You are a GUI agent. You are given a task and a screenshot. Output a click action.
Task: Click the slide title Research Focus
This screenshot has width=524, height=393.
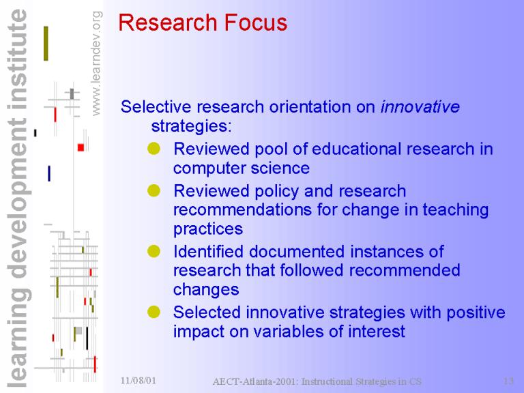(x=203, y=23)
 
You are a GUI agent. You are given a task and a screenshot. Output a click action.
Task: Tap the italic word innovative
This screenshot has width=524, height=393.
(x=420, y=107)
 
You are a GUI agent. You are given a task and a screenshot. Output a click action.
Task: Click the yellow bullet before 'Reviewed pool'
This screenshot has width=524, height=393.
(x=154, y=148)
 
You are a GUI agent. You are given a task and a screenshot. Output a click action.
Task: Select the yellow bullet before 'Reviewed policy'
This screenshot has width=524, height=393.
(x=154, y=190)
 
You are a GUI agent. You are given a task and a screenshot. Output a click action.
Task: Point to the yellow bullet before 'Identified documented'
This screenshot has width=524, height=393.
(x=154, y=251)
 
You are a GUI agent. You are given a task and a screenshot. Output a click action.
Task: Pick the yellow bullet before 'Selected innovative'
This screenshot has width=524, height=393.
(x=154, y=312)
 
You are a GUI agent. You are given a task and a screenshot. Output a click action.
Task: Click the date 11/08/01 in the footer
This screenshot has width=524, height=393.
(x=139, y=380)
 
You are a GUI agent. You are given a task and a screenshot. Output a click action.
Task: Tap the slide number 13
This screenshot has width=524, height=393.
(x=508, y=381)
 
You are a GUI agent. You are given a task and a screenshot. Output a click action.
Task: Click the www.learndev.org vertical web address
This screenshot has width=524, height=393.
(x=96, y=63)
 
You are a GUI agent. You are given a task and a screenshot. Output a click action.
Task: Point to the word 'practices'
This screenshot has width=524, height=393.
(x=208, y=229)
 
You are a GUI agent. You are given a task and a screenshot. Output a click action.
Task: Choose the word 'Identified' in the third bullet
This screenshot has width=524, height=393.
(x=208, y=251)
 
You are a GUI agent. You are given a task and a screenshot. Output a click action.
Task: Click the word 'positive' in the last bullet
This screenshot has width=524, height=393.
(x=476, y=312)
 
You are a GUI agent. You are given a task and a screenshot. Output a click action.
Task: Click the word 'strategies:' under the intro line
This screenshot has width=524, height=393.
(x=191, y=126)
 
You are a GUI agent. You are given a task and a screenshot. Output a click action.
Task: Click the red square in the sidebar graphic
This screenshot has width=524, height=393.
(x=81, y=147)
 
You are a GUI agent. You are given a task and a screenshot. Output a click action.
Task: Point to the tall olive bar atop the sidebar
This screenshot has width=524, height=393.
(x=46, y=44)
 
